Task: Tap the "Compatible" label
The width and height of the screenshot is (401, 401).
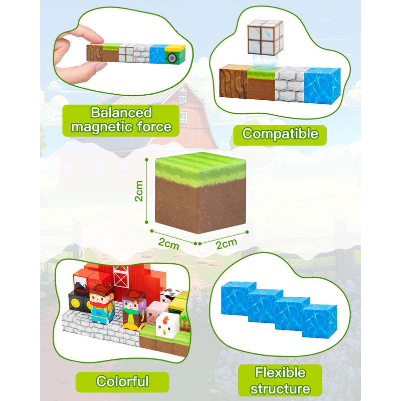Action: pyautogui.click(x=280, y=134)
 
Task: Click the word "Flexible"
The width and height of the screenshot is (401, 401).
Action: pyautogui.click(x=280, y=373)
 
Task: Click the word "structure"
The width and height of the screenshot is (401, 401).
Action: pyautogui.click(x=280, y=388)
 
